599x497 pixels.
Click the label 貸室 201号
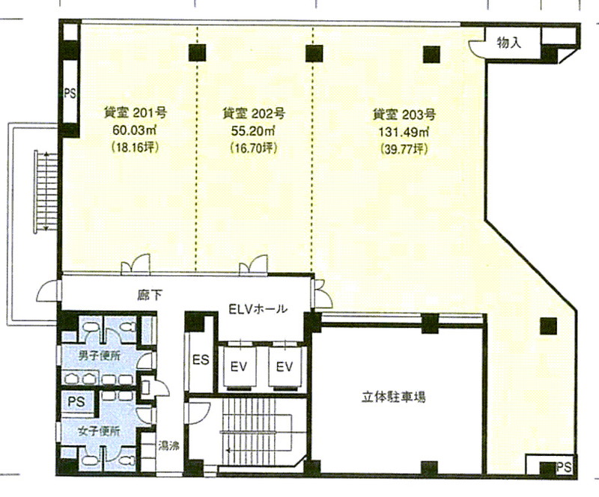point(136,113)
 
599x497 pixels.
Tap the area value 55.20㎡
point(253,131)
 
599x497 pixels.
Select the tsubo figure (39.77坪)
point(404,149)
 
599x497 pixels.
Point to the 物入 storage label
point(509,43)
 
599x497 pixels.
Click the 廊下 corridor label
point(150,296)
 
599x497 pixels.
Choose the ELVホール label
point(258,308)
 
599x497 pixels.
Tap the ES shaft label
point(201,359)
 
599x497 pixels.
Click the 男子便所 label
point(100,356)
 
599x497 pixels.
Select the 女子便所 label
point(99,432)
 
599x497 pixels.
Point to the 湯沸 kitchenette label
point(169,445)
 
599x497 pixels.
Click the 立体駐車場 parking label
point(394,397)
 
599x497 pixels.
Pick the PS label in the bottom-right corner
point(564,467)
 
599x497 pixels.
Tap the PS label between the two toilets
point(76,401)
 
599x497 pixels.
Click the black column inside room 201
point(197,52)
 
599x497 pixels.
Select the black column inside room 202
point(314,53)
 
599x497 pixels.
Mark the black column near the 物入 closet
point(432,54)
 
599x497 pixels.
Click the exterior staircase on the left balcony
point(46,191)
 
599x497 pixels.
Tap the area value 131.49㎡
point(404,132)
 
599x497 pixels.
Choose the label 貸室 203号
point(404,115)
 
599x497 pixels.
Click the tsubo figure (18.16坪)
point(136,147)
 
